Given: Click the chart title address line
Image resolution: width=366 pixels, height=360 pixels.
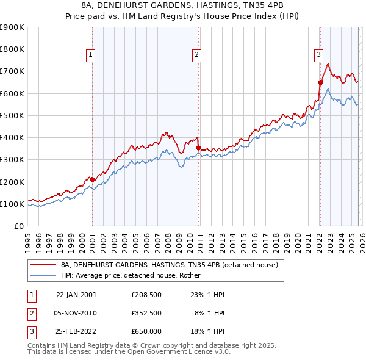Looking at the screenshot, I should coord(182,5).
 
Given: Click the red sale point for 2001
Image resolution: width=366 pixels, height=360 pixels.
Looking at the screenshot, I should coord(92,179).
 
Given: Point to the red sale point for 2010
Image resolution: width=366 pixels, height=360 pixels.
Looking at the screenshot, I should coord(198,148).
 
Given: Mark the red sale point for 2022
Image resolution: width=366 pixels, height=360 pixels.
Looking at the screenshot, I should coord(320,82).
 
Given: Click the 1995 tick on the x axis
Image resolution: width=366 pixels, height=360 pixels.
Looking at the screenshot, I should coord(28,238).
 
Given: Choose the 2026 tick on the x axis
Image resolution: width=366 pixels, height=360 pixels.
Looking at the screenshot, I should coord(362,238).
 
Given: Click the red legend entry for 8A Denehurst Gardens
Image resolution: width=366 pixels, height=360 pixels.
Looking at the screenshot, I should coord(170,265).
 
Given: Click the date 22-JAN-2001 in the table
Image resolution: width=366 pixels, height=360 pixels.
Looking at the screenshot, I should coord(76,295).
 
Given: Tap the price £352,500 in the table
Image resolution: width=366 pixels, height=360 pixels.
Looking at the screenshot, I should coord(146,313).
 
